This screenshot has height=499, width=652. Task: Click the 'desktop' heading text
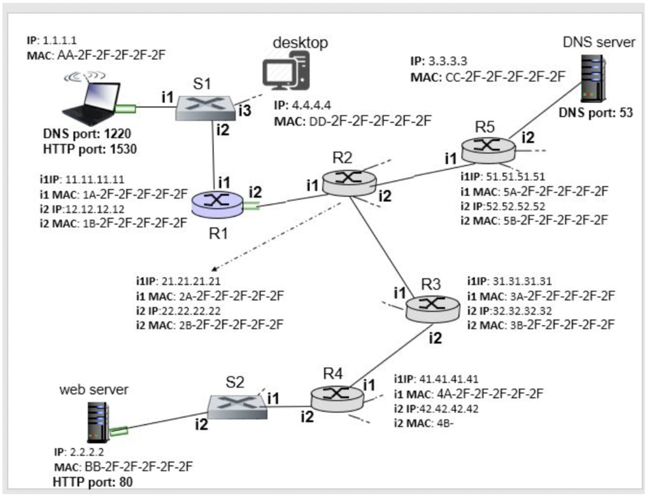tap(300, 43)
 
